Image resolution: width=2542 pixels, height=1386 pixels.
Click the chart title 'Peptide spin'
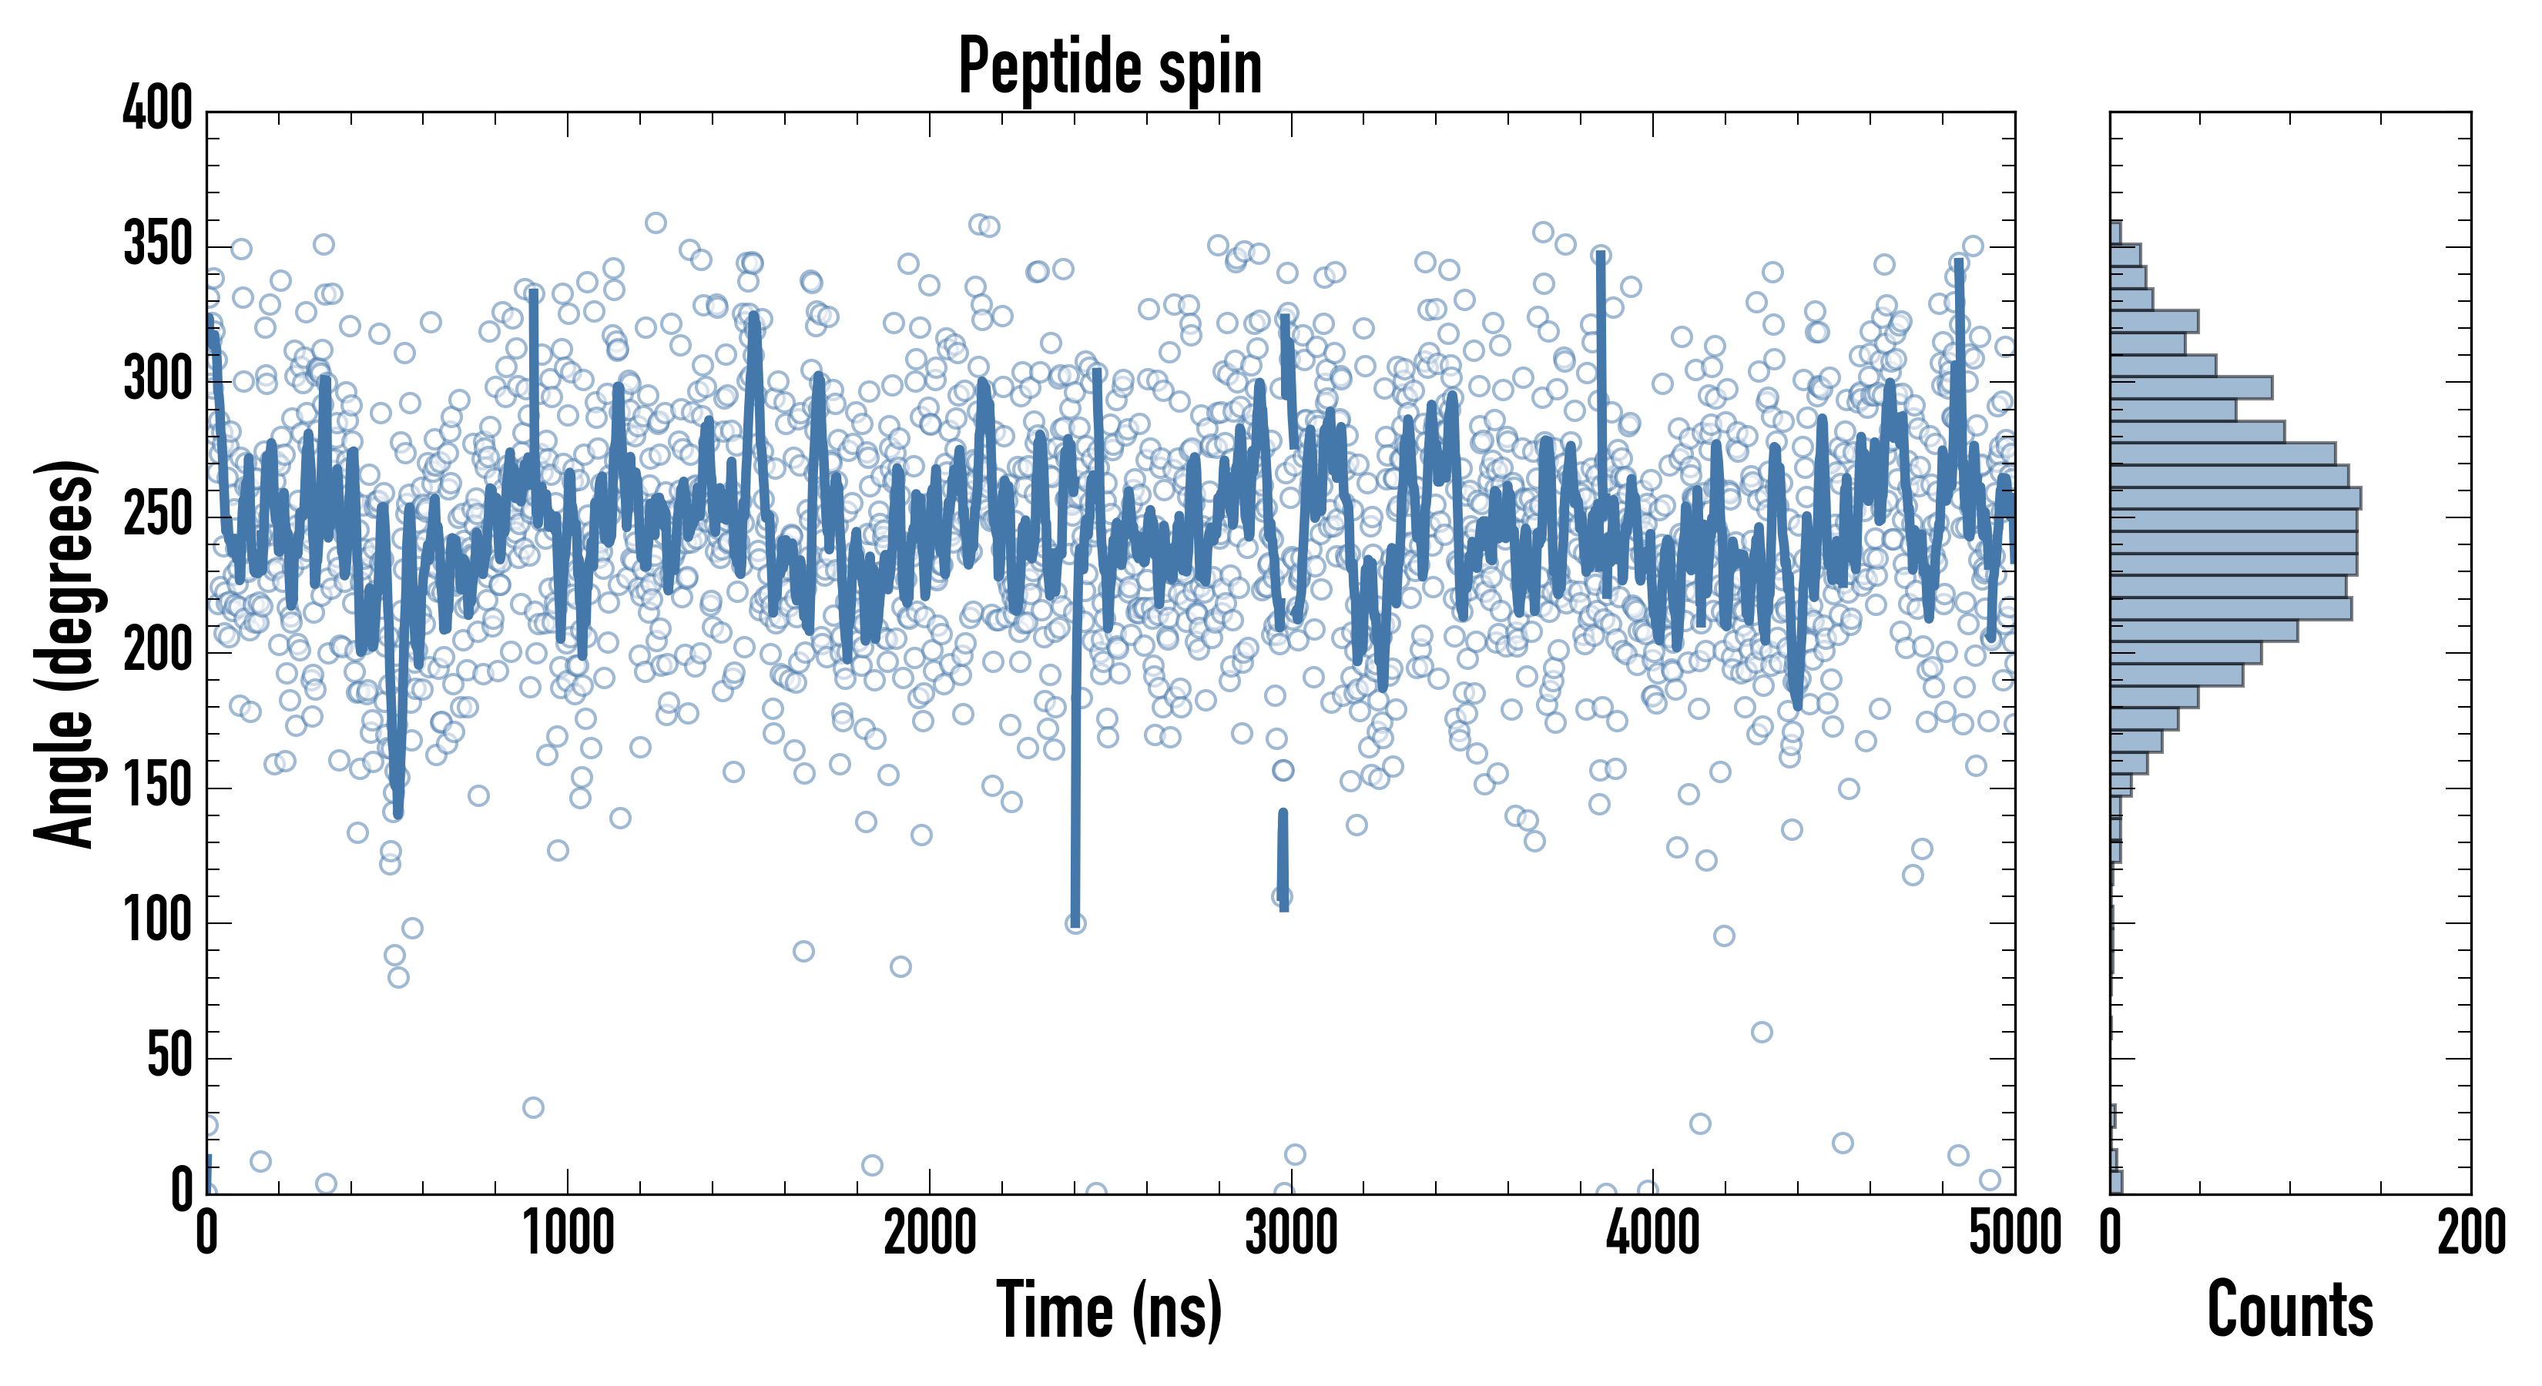[x=1110, y=67]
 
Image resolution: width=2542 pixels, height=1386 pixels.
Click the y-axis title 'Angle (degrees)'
[x=65, y=653]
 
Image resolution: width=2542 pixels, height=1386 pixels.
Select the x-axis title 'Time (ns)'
[x=1110, y=1310]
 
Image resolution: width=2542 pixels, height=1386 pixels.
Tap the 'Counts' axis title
[x=2289, y=1310]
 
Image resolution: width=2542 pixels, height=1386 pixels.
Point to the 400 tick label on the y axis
[x=157, y=109]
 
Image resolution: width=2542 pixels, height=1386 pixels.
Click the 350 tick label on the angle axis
[x=157, y=245]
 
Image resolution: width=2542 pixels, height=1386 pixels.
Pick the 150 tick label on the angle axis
[x=157, y=787]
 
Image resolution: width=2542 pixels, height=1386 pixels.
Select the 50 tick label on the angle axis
[x=169, y=1057]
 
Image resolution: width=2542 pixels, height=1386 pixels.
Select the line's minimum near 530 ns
[x=397, y=814]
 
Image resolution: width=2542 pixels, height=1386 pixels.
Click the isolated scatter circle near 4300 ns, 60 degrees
[x=1762, y=1032]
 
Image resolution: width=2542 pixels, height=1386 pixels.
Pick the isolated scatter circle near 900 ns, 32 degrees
[x=533, y=1106]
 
